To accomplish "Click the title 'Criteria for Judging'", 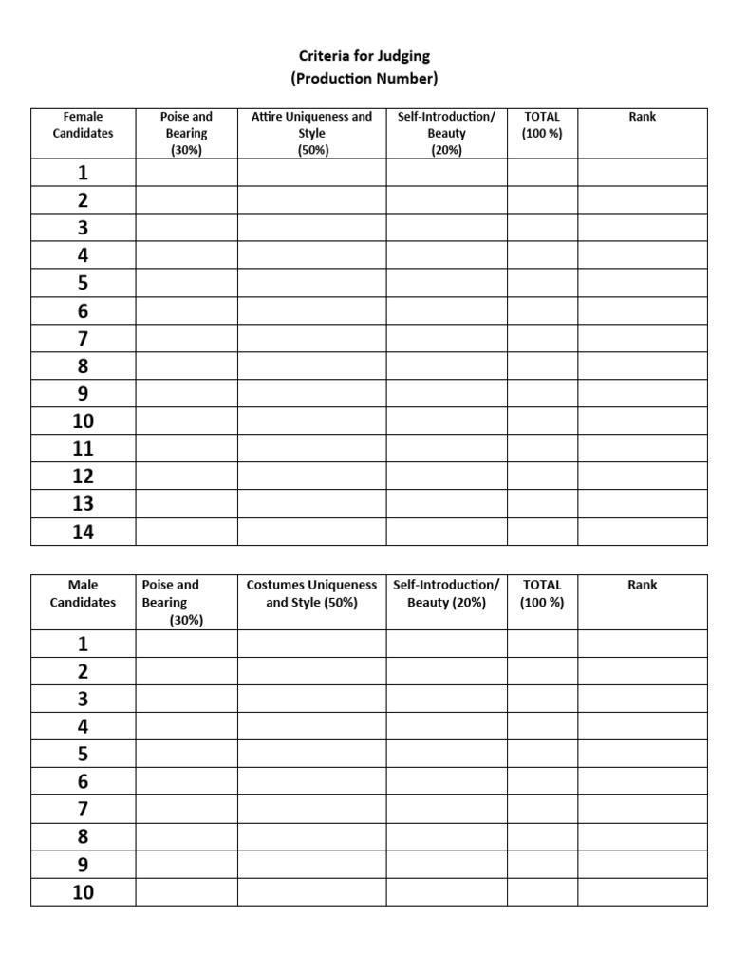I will point(364,57).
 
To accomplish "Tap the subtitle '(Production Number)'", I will point(364,78).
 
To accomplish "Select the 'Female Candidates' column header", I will point(83,125).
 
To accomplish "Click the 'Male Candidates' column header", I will point(83,593).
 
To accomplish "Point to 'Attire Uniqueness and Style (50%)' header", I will point(311,133).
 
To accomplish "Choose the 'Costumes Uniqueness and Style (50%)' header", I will point(311,593).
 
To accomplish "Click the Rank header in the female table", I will point(643,117).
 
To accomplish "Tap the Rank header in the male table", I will point(643,585).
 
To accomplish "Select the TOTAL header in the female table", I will point(542,125).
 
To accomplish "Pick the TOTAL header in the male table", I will point(542,593).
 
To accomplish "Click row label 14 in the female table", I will point(84,532).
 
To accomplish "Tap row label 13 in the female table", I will point(84,504).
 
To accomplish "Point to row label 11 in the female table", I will point(84,449).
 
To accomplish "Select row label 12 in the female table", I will point(84,477).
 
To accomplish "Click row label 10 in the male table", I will point(84,892).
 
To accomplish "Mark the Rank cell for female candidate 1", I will point(643,173).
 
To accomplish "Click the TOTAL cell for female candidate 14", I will point(542,532).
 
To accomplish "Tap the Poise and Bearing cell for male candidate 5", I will point(186,755).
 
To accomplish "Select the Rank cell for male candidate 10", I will point(643,892).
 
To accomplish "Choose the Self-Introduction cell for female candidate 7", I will point(446,339).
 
